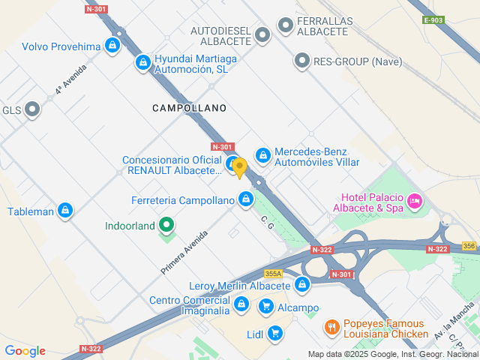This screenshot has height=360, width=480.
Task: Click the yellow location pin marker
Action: (239, 167)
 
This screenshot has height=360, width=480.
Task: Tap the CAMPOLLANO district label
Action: (189, 108)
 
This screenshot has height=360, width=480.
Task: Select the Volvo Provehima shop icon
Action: (112, 46)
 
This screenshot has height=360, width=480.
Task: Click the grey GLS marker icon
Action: (32, 110)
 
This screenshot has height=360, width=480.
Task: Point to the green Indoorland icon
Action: (166, 225)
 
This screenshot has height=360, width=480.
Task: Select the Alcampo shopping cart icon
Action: (265, 307)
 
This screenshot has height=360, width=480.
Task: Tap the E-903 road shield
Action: (433, 20)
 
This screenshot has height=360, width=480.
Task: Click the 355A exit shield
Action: (273, 274)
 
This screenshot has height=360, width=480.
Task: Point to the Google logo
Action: (25, 351)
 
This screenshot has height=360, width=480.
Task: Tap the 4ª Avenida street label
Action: (70, 78)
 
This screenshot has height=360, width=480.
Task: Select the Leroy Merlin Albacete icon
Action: (301, 285)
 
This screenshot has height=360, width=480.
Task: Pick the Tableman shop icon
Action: (65, 211)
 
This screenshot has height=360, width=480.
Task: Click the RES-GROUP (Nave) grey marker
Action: (301, 59)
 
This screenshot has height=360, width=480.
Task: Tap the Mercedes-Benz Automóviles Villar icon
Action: (262, 155)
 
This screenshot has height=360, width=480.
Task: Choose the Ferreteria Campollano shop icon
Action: (245, 199)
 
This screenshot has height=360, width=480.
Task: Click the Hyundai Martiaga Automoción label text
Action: (190, 64)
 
